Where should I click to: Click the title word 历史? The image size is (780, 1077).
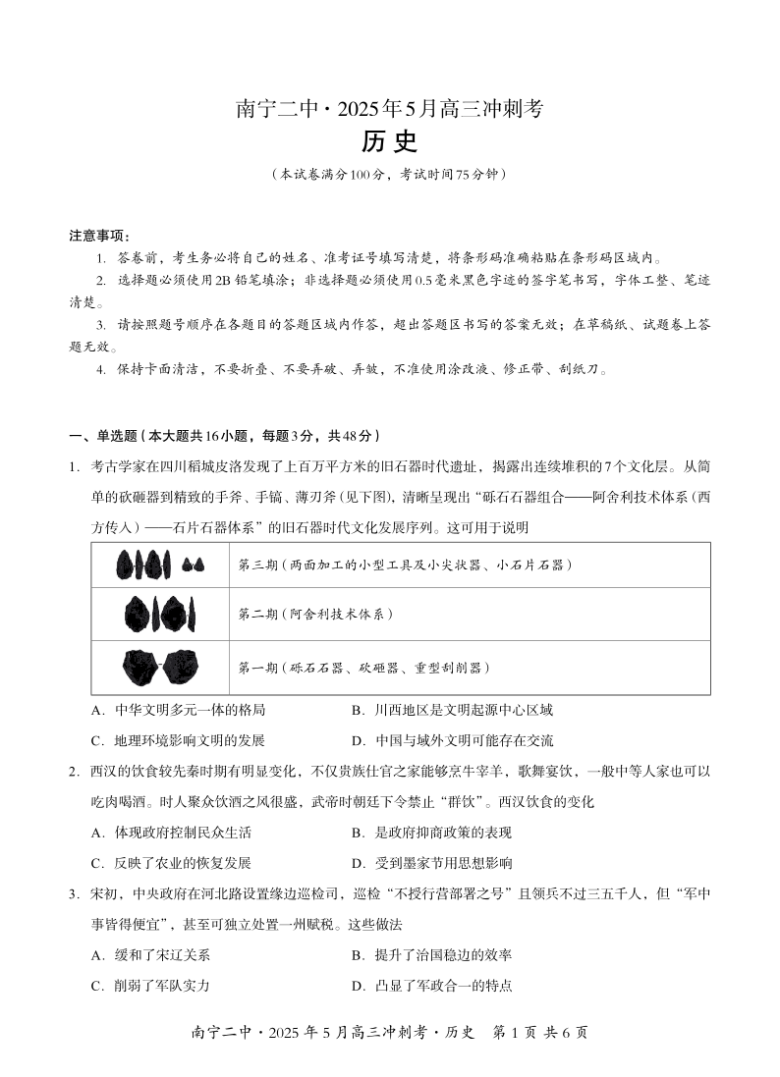pos(389,142)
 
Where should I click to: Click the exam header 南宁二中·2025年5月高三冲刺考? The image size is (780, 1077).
pos(389,110)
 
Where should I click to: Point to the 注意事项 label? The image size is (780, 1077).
pos(99,236)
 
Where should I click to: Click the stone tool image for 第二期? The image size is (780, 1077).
pos(160,614)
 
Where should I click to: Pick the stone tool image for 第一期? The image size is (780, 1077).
pos(160,668)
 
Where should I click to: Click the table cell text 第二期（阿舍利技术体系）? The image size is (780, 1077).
pos(315,615)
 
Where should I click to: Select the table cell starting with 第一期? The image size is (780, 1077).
pos(363,668)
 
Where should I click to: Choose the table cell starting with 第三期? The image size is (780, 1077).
pos(405,565)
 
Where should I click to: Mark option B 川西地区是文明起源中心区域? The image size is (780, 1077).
pos(451,710)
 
